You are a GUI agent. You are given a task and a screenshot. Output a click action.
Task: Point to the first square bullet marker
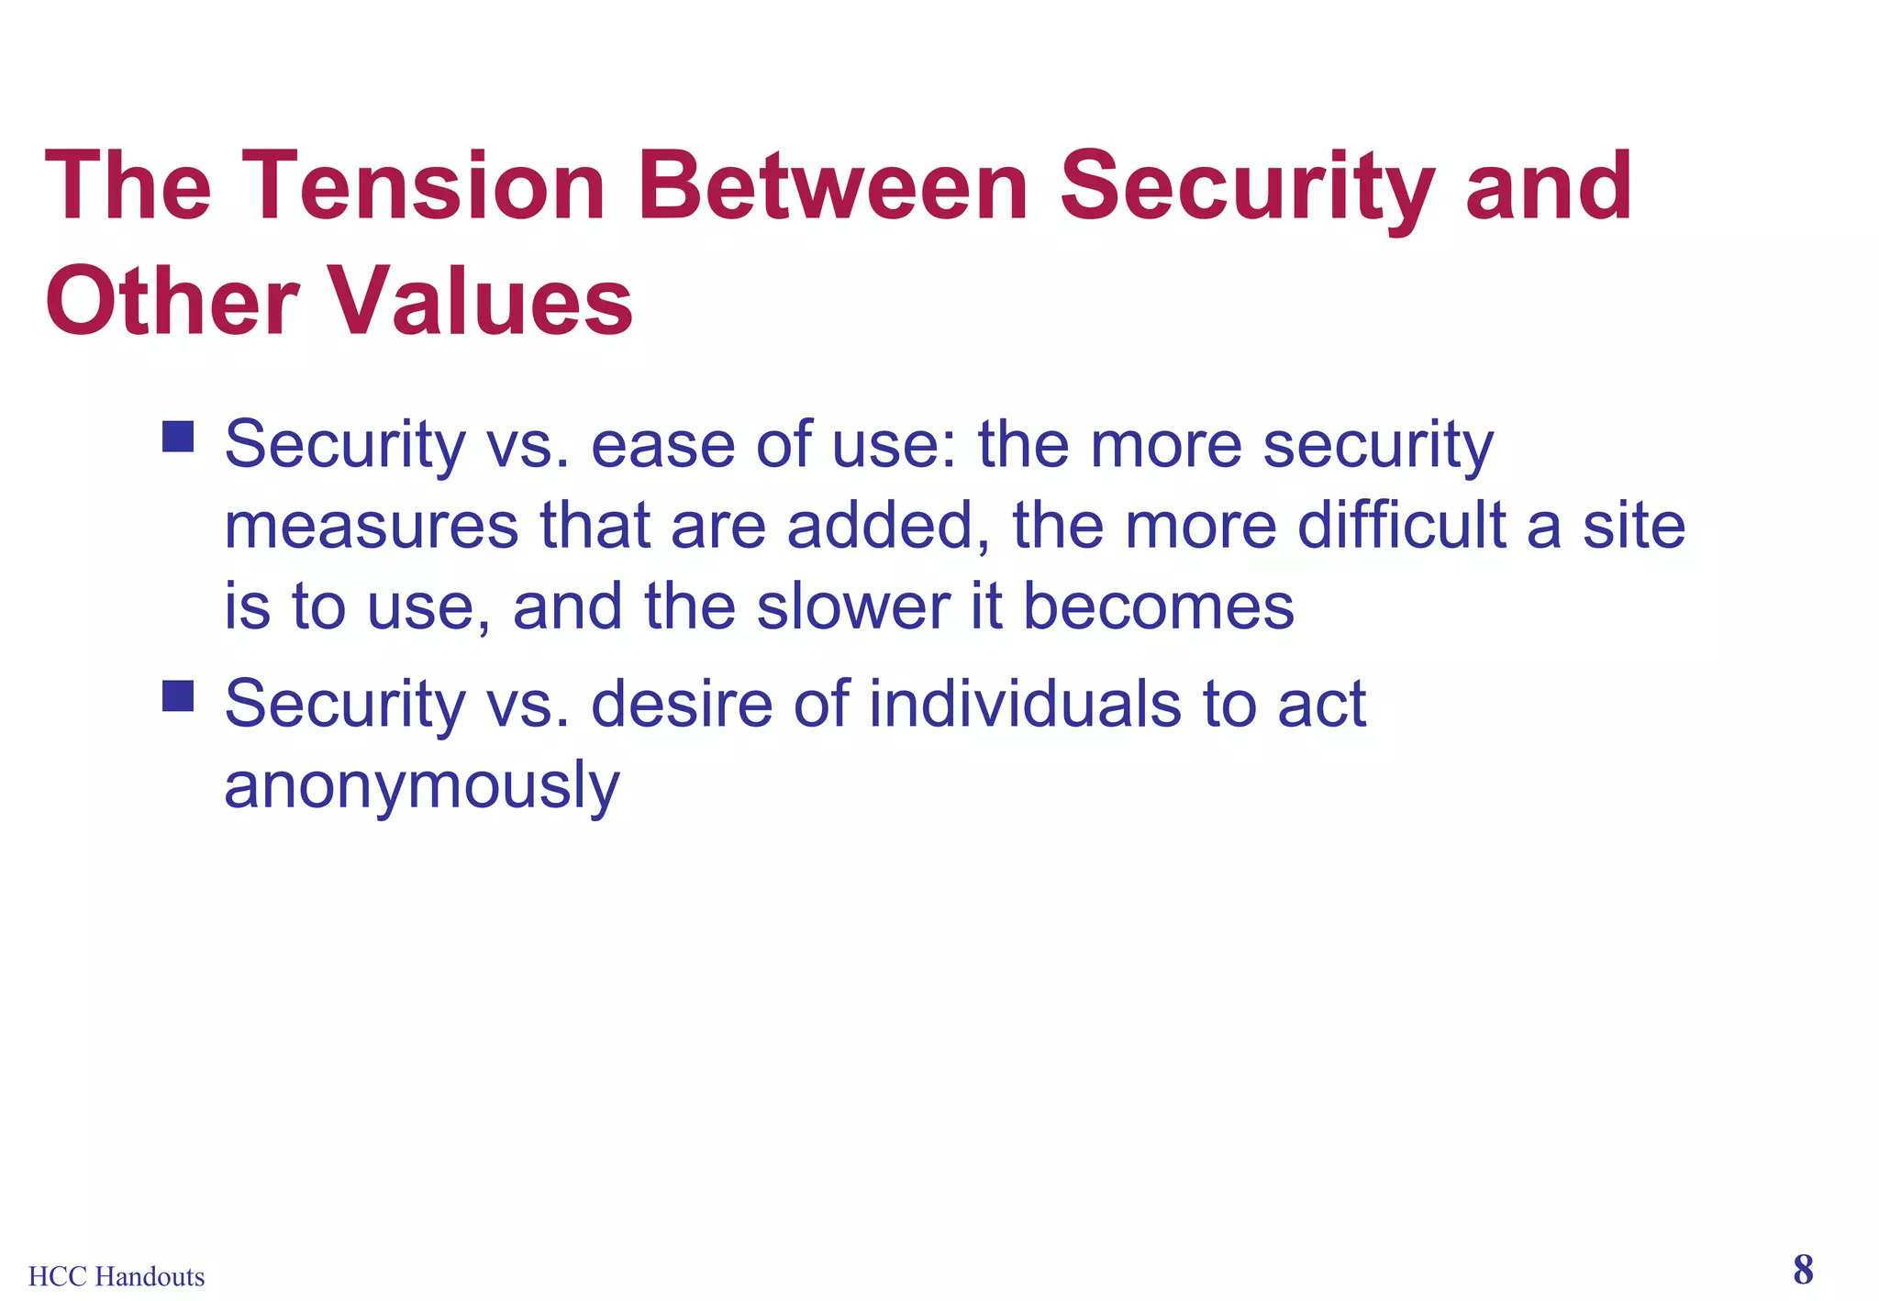pos(178,437)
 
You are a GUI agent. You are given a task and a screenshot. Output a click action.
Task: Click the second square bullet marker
pos(178,695)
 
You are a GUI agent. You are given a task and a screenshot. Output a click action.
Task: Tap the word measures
pos(372,527)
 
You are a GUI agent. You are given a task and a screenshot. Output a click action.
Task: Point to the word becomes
pos(1158,607)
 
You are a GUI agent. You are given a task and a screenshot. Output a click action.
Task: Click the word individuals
pos(1024,705)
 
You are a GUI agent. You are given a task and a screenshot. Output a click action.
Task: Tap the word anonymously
pos(422,787)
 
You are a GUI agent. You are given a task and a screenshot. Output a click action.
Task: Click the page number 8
pos(1803,1270)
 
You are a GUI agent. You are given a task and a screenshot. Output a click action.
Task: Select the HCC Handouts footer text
pos(117,1276)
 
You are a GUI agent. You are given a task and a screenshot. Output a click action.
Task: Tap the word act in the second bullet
pos(1321,705)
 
